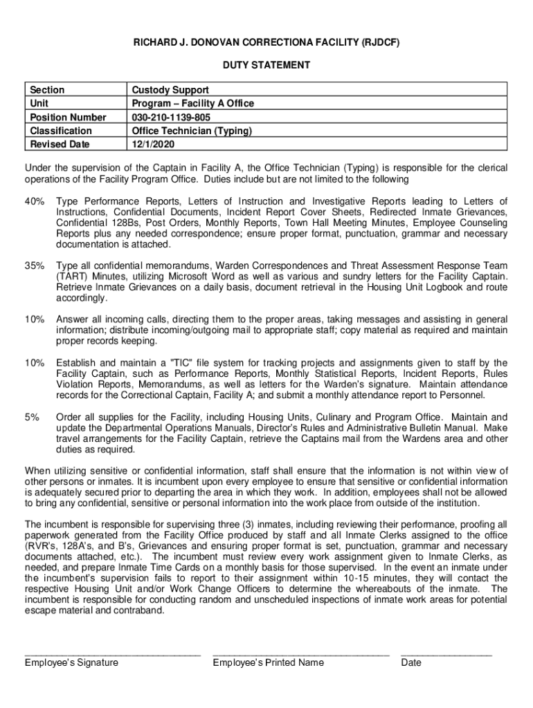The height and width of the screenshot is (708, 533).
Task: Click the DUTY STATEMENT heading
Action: [266, 66]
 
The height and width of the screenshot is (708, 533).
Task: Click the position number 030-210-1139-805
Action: [171, 118]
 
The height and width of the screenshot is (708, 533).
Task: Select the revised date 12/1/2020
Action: [154, 145]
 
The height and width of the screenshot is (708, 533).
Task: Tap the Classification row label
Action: [61, 131]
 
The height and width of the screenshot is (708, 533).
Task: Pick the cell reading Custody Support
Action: [170, 90]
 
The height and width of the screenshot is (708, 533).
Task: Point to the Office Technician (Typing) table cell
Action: [192, 131]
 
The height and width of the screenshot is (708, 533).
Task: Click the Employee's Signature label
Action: [71, 662]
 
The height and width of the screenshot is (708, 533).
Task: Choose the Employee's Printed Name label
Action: [268, 662]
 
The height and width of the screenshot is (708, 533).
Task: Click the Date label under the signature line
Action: [411, 662]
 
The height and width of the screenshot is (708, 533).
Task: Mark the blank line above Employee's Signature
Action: [112, 652]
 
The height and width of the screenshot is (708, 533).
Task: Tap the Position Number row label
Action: [68, 118]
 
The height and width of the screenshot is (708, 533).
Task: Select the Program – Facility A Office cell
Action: [193, 104]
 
